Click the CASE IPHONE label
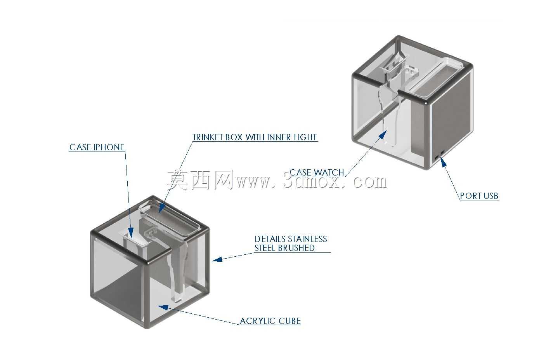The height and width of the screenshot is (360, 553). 97,147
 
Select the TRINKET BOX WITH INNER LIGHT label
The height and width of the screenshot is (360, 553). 255,137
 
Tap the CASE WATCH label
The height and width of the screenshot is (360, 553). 317,172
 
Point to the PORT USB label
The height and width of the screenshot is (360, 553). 479,196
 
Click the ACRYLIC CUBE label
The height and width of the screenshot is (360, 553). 270,321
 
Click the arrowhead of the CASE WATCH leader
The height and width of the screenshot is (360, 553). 383,135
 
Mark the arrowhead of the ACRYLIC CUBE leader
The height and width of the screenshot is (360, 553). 163,308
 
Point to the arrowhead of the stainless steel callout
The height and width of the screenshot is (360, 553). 217,259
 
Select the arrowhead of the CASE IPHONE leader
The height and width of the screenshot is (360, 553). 131,233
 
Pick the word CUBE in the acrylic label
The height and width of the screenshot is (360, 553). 290,321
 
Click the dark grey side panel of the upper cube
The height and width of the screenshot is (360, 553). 451,118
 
